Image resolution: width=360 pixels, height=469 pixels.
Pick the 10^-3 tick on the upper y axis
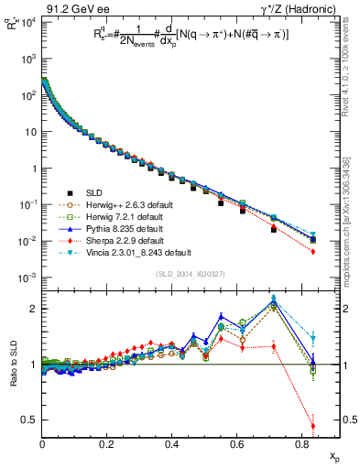(x=27, y=278)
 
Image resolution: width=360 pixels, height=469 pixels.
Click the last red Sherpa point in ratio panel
(x=313, y=426)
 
